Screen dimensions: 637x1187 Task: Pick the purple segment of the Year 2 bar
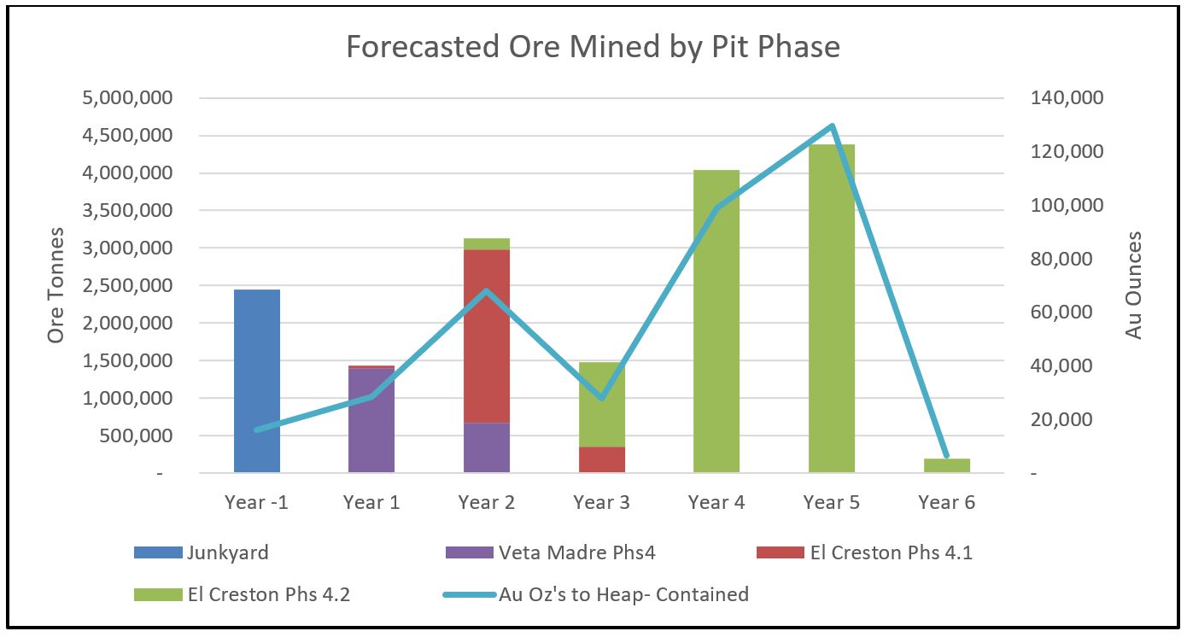click(487, 447)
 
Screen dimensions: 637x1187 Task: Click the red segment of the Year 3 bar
click(602, 459)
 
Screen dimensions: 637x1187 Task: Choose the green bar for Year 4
click(716, 342)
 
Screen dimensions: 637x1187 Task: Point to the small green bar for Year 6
click(947, 465)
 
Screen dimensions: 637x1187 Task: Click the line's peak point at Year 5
click(832, 126)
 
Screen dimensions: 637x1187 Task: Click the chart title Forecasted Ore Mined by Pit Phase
click(593, 47)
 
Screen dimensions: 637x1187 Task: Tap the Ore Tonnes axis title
click(56, 285)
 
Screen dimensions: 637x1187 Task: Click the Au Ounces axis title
click(1133, 285)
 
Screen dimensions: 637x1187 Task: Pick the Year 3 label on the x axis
click(602, 502)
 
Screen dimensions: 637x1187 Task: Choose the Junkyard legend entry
click(202, 552)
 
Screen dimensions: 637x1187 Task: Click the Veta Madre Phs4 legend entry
click(551, 552)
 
